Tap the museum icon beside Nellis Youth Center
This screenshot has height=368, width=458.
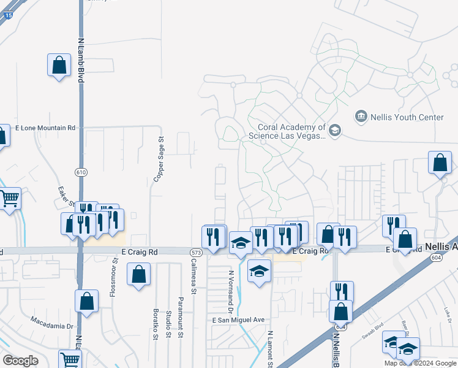click(x=360, y=116)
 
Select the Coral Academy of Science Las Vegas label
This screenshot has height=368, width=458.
click(x=287, y=131)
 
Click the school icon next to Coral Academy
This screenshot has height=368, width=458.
click(x=334, y=130)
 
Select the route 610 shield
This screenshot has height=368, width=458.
click(x=81, y=172)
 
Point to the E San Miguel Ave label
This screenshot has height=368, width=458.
click(x=238, y=320)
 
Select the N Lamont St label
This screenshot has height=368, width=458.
click(x=269, y=350)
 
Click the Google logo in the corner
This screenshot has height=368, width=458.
click(x=20, y=360)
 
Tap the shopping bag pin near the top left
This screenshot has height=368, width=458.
click(x=59, y=66)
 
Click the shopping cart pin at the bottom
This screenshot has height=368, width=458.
click(x=70, y=359)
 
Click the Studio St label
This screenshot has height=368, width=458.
click(x=168, y=324)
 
